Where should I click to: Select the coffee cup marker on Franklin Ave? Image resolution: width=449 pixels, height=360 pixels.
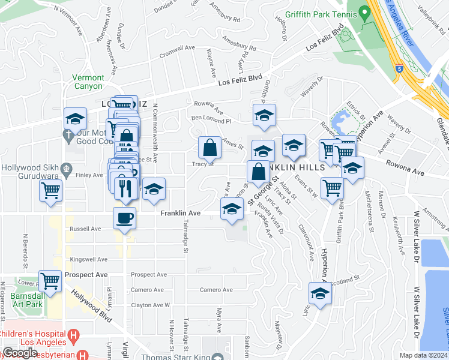pos(125,218)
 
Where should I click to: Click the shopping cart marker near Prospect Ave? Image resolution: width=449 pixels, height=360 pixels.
pos(50,280)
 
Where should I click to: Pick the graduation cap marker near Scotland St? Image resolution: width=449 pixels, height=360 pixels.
pos(321,294)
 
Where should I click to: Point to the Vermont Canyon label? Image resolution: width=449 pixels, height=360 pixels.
pos(88,82)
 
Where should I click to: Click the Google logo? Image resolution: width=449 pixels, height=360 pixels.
pos(20,353)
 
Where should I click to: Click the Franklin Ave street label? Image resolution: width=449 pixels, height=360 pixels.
pos(179,213)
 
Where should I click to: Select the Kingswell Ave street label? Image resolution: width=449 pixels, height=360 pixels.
pos(88,259)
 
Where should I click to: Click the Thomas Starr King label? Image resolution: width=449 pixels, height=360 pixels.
pos(173,356)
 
